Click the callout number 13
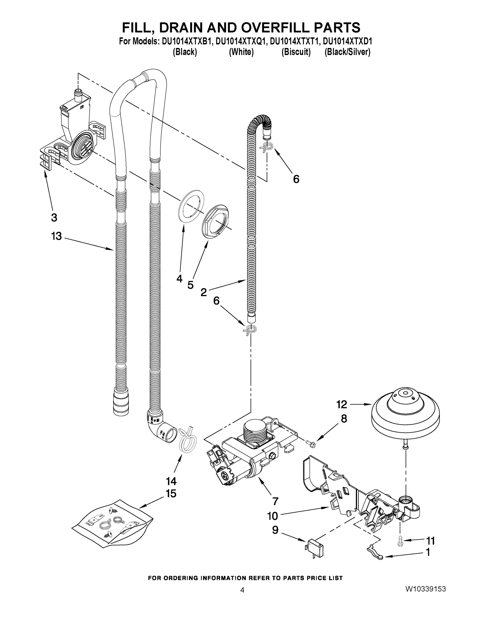[x=56, y=237]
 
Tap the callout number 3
[x=54, y=218]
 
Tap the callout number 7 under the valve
[x=275, y=501]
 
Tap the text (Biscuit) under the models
[x=296, y=52]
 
